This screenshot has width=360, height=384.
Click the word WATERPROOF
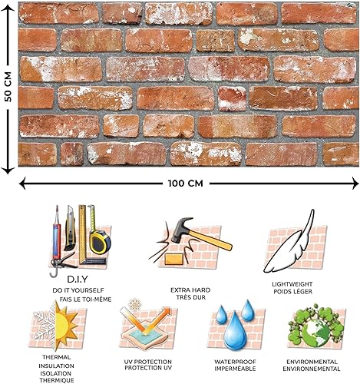click(x=233, y=361)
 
